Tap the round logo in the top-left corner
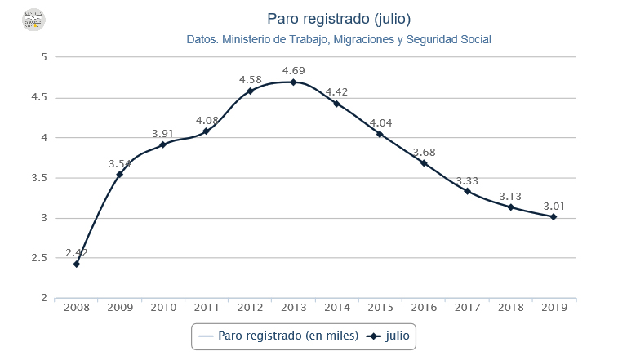(33, 20)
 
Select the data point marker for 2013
(293, 82)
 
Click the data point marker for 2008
(76, 264)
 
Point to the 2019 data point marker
(554, 216)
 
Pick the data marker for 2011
(207, 131)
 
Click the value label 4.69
(294, 70)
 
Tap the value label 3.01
(554, 205)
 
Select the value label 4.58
(250, 79)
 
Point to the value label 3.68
(424, 152)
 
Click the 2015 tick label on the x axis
(380, 309)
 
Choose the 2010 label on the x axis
(163, 309)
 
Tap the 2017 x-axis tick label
(467, 309)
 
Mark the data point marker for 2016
(424, 163)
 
